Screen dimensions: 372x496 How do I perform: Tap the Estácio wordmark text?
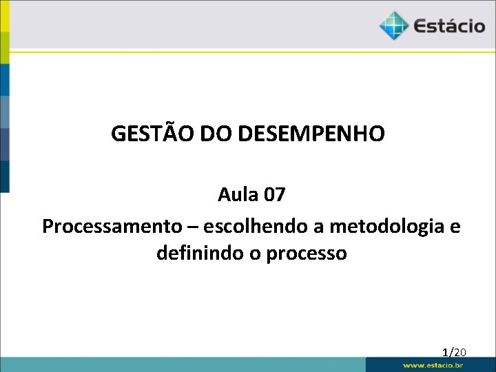click(x=449, y=27)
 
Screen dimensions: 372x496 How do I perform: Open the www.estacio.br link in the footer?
click(x=433, y=365)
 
